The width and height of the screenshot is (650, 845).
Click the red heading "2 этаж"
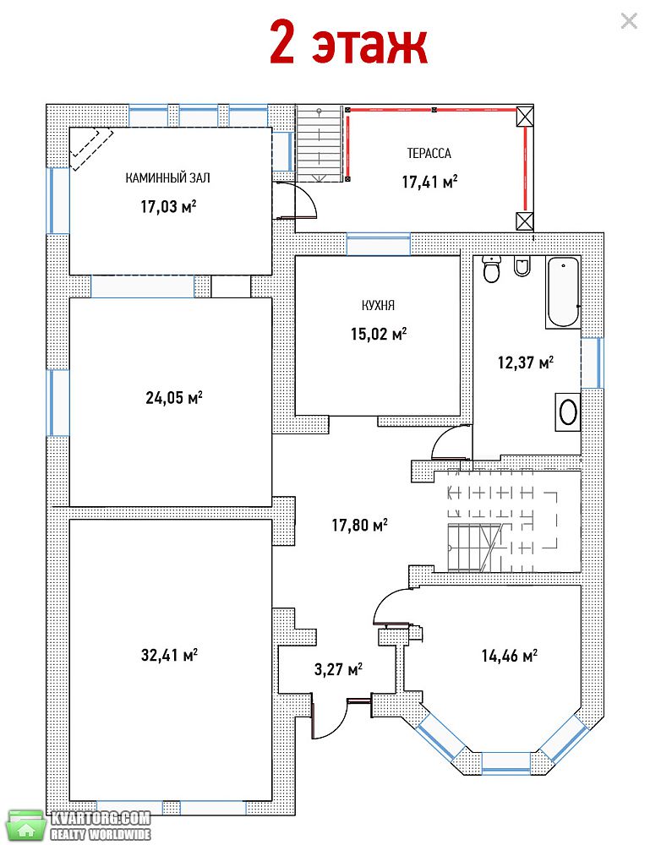[x=348, y=42]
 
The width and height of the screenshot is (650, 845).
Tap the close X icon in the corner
[x=629, y=21]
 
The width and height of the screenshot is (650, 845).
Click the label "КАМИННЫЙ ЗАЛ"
[x=167, y=177]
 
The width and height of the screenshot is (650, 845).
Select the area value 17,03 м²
[x=168, y=206]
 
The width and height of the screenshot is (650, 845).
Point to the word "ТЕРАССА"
[x=429, y=154]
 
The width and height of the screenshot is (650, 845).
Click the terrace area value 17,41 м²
[x=429, y=182]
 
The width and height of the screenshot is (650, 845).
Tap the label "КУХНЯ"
[x=378, y=306]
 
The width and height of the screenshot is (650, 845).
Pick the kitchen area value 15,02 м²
[x=379, y=334]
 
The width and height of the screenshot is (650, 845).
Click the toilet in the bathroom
[x=492, y=270]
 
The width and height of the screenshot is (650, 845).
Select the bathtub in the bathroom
[x=563, y=292]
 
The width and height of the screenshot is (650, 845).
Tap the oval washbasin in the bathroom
[x=568, y=412]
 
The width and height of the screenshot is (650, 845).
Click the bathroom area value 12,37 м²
[x=526, y=363]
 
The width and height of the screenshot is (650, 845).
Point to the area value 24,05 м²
[x=173, y=398]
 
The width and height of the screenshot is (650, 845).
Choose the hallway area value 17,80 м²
[x=359, y=525]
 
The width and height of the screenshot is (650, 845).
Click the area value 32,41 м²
[x=169, y=655]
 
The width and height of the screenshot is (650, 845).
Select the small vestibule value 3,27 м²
[x=338, y=669]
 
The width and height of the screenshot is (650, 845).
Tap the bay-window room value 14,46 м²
[x=510, y=656]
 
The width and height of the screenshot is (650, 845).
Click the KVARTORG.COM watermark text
[x=101, y=818]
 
